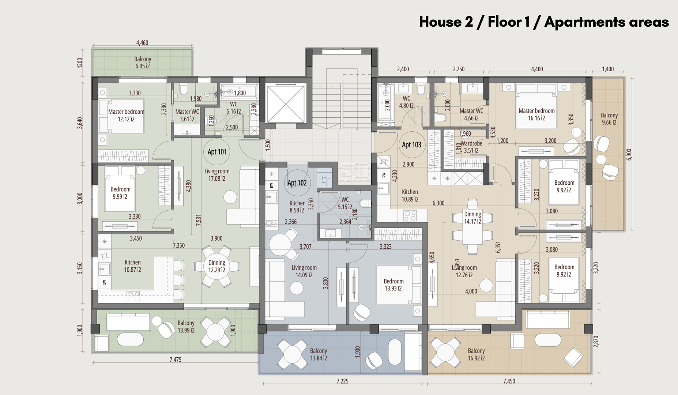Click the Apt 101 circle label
tap(217, 152)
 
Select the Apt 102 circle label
tap(297, 183)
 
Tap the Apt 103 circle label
tap(411, 145)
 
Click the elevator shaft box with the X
tap(286, 104)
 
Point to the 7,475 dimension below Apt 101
tap(176, 360)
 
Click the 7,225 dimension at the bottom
tap(342, 381)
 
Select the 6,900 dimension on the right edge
tap(629, 154)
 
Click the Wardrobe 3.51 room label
tap(471, 147)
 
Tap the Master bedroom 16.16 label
tap(536, 114)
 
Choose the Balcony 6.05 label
tap(143, 63)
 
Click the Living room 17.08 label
tap(217, 175)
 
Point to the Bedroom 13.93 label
tap(393, 285)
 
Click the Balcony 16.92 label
tap(476, 354)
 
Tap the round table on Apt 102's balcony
tap(292, 354)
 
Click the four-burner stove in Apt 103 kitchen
tap(410, 215)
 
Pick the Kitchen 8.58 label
tap(297, 207)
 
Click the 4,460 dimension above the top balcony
tap(142, 43)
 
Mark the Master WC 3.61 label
tap(187, 115)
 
